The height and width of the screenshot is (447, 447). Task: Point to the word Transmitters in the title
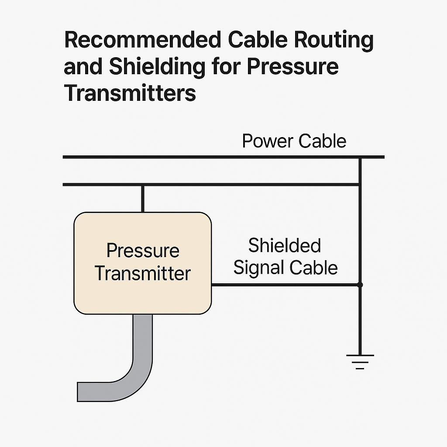pos(130,93)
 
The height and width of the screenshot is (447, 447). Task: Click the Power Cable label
pos(294,141)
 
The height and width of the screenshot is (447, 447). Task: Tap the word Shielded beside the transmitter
pos(284,246)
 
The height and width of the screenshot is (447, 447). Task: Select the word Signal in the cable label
pos(258,267)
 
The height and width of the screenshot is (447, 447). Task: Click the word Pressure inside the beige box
pos(143,251)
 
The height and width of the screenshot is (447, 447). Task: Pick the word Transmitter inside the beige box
pos(143,274)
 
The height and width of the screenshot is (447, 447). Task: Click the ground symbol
pos(360,361)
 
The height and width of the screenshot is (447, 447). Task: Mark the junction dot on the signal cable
pos(360,285)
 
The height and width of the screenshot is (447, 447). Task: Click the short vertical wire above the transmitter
pos(142,198)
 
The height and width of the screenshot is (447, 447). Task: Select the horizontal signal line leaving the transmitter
pos(284,285)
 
